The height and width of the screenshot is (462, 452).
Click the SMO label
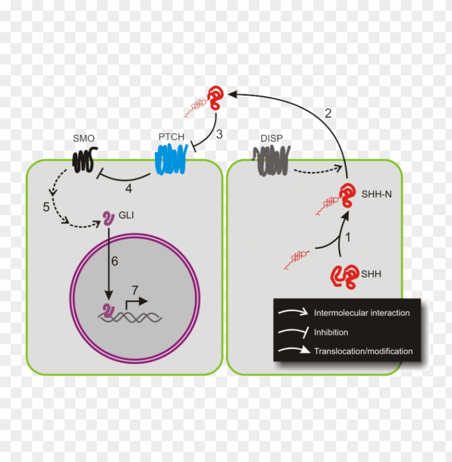tap(83, 139)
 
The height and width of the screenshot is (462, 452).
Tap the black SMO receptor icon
tap(83, 160)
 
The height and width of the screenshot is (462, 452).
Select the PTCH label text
tap(171, 138)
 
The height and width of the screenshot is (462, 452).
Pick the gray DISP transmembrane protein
tap(271, 160)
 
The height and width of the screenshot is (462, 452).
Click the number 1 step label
tap(348, 236)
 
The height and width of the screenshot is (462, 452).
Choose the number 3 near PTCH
tap(219, 134)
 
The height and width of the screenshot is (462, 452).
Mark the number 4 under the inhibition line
tap(129, 189)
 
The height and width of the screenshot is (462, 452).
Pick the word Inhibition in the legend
tap(331, 332)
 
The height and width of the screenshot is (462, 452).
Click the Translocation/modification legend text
tap(363, 351)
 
